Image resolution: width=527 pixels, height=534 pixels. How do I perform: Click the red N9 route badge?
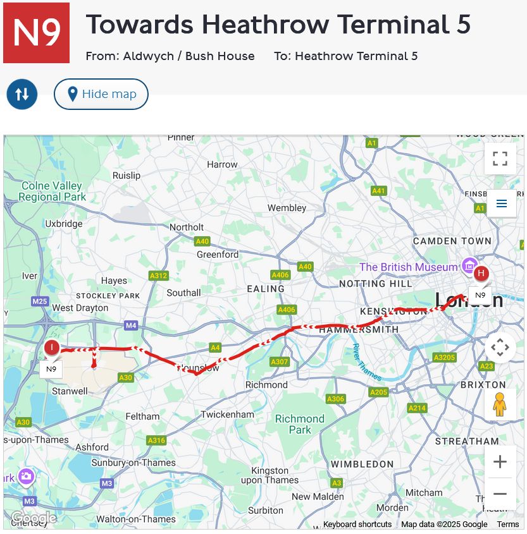point(36,33)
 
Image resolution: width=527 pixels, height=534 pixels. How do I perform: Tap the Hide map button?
point(101,94)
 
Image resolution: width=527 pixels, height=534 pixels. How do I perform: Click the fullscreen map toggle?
point(500,159)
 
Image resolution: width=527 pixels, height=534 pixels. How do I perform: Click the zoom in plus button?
point(500,461)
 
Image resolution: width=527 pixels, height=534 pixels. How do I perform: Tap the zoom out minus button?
point(500,494)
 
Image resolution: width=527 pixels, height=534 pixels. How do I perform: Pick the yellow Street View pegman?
point(500,404)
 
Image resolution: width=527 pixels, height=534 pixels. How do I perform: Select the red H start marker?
point(481,274)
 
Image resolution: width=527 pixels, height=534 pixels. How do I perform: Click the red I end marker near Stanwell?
point(51,347)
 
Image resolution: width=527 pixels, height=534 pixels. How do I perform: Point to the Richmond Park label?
point(300,424)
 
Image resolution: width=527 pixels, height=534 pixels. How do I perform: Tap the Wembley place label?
point(287,208)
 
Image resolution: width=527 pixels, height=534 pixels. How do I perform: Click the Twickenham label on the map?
point(227,415)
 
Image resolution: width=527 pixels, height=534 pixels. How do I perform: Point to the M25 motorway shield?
point(40,301)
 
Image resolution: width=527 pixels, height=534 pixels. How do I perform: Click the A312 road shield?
point(158,276)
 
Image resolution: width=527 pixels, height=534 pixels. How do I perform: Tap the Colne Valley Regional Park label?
point(52,191)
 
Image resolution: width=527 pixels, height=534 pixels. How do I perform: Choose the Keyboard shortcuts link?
point(357,524)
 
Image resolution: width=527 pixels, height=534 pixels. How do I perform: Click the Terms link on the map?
point(507,524)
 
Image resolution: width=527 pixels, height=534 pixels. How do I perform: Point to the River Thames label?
point(366,362)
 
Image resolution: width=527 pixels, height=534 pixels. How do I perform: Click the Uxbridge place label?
point(64,224)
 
